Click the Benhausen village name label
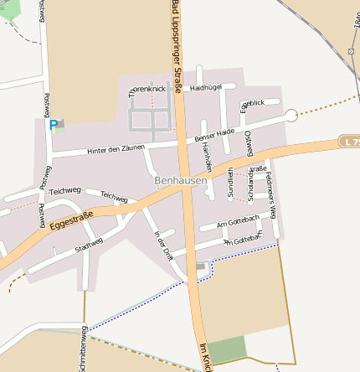[181, 180]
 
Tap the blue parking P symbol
[54, 125]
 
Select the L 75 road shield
[351, 142]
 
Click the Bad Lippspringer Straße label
[177, 42]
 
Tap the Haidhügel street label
[205, 87]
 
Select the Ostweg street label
[249, 144]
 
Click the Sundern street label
[231, 181]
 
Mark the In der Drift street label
[162, 247]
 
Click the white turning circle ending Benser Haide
[291, 115]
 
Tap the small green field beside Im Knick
[227, 350]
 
